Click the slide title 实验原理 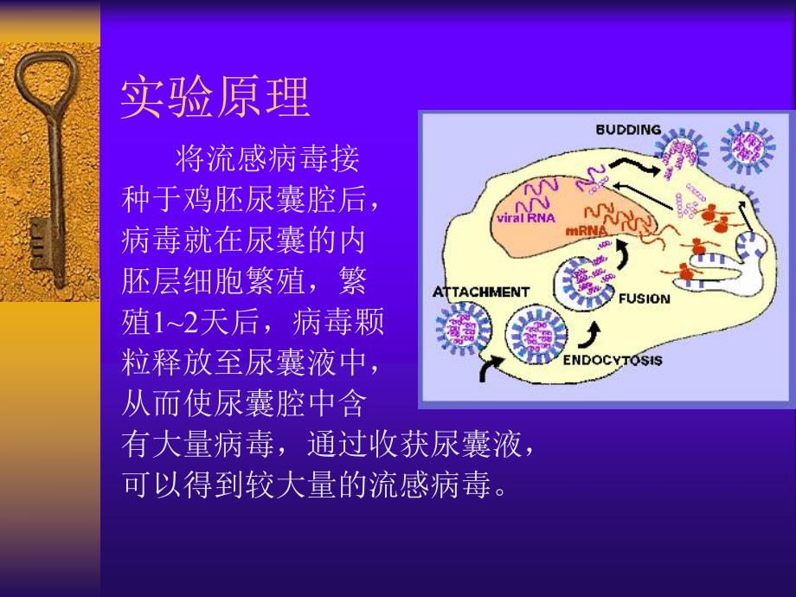(x=215, y=97)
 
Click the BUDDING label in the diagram (x=627, y=130)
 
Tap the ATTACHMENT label (x=480, y=292)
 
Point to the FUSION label (x=644, y=298)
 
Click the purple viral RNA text (x=523, y=219)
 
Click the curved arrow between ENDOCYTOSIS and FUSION (x=594, y=331)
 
